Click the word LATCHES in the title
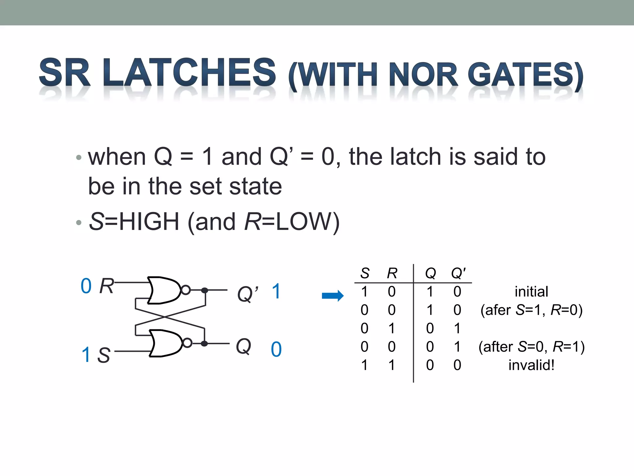coord(189,73)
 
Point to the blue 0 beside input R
coord(86,286)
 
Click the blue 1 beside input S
coord(86,355)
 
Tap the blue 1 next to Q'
coord(276,292)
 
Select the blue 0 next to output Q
coord(276,350)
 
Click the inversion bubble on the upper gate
coord(186,290)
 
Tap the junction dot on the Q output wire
coord(204,343)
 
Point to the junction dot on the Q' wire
coord(205,290)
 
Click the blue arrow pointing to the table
coord(333,296)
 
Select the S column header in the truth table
coord(365,273)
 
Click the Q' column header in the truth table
coord(458,273)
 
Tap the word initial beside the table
coord(531,292)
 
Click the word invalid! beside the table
coord(531,365)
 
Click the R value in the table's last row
coord(392,365)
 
